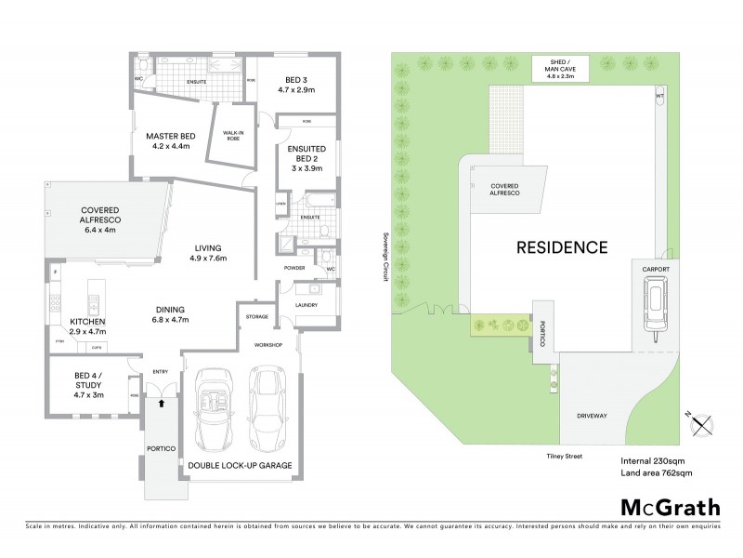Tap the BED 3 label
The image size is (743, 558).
coord(296,85)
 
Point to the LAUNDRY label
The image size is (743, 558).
coord(306,304)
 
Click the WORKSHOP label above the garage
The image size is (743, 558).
coord(268,344)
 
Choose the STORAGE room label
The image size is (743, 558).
coord(257,316)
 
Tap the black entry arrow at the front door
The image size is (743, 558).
coord(163,404)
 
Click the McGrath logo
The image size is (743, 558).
coord(669,507)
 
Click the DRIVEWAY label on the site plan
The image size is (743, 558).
coord(591,416)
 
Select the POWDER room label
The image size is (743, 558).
coord(294,269)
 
